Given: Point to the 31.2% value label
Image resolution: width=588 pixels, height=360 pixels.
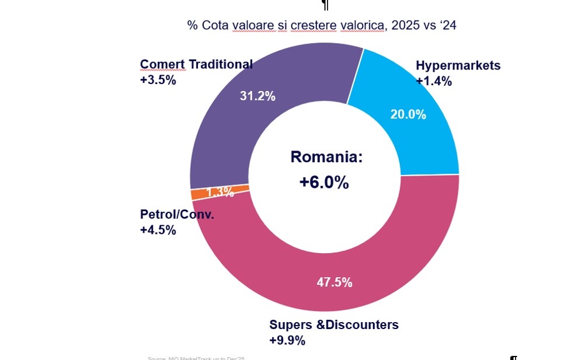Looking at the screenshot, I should click(x=258, y=96).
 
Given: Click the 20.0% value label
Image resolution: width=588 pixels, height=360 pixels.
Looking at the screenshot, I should click(x=408, y=114).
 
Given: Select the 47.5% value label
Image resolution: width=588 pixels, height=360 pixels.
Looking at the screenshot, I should click(x=335, y=282).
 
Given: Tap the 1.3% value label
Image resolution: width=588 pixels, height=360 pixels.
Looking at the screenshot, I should click(x=220, y=191).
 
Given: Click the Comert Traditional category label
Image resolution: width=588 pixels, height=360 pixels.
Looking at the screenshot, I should click(x=196, y=64).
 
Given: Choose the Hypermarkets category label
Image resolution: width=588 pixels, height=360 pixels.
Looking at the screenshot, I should click(x=458, y=65).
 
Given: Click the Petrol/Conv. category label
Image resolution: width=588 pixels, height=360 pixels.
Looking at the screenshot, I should click(x=177, y=214).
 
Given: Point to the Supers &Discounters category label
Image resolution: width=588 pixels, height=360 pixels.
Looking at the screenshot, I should click(x=333, y=324).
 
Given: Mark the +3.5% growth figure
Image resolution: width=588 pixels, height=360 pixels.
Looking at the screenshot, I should click(x=158, y=80).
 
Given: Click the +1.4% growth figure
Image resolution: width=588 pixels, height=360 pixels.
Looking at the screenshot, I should click(x=434, y=81).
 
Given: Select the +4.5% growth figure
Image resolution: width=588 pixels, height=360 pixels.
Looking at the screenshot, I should click(x=158, y=230).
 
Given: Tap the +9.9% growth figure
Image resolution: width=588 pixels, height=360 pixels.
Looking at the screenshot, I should click(x=287, y=340).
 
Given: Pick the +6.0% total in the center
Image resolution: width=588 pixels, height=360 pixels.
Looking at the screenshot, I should click(x=324, y=182).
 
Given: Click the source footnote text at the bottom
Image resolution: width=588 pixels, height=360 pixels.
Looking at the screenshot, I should click(x=196, y=358).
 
